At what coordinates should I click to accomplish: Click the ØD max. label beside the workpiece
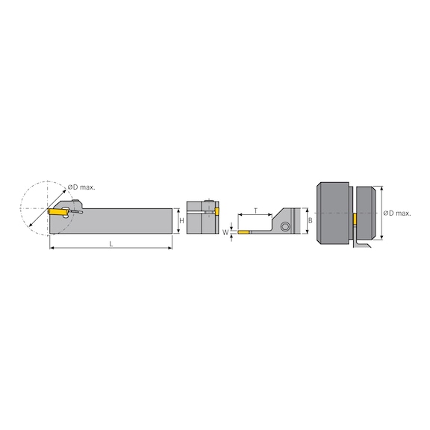[x=397, y=214]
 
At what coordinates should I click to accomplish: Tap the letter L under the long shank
[x=110, y=244]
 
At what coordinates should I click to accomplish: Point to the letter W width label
[x=225, y=231]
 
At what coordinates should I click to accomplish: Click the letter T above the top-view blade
[x=256, y=211]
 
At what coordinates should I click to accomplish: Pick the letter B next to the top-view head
[x=311, y=221]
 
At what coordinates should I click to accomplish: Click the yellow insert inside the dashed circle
[x=57, y=213]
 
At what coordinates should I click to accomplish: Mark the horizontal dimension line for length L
[x=110, y=249]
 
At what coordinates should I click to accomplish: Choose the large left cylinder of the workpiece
[x=333, y=214]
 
